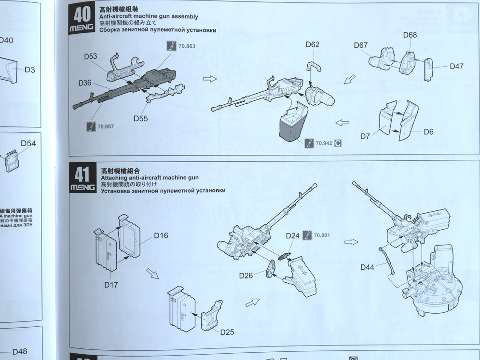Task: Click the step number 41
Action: (82, 174)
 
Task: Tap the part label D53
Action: (90, 56)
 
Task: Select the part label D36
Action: (85, 83)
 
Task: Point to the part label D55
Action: (140, 118)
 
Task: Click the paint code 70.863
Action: (187, 47)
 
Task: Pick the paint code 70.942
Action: (324, 143)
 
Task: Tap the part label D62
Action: (313, 45)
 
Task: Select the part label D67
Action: (360, 45)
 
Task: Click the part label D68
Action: (410, 35)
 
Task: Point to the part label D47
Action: (456, 67)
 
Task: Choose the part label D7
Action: (365, 137)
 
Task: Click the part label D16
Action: (161, 235)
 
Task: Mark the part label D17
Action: (111, 285)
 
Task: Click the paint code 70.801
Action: (322, 235)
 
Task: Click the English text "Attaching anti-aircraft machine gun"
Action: (150, 178)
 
